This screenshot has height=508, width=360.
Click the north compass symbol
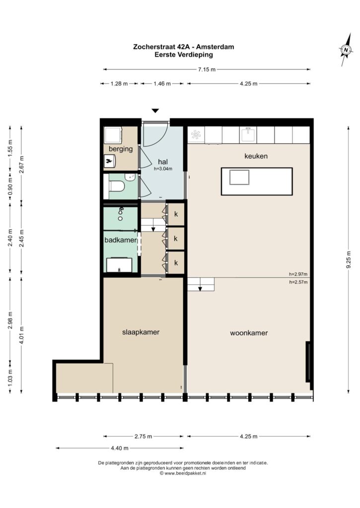pos(346,50)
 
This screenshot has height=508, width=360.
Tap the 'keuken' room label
pos(256,156)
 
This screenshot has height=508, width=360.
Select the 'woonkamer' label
pos(249,333)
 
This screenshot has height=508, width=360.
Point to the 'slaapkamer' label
pos(141,332)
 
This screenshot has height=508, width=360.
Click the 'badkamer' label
pos(120,241)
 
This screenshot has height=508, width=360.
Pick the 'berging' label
pos(121,149)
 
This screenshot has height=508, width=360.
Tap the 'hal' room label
pos(163,161)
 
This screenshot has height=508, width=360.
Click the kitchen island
pos(257,182)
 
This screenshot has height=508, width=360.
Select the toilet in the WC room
pos(117,186)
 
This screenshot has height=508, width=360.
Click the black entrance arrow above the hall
pos(156,111)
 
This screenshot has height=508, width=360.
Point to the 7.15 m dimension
pos(207,69)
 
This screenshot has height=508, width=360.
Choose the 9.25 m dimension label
pos(349,259)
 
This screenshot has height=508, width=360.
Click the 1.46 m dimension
pos(162,83)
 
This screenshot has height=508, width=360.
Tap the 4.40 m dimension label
pos(120,448)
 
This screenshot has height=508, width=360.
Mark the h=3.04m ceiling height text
pos(163,169)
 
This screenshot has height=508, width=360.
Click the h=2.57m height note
pos(298,282)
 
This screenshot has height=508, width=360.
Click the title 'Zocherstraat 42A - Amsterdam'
pos(184,47)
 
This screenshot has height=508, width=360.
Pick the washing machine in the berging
pos(113,135)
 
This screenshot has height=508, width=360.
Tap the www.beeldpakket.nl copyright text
pos(183,473)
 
